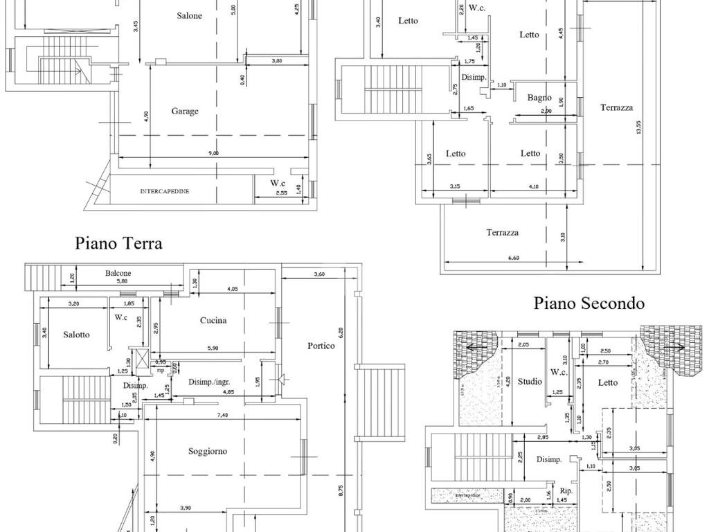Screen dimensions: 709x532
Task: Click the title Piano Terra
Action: [118, 243]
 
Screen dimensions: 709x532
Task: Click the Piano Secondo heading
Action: [589, 303]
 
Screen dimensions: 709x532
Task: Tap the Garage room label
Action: [185, 111]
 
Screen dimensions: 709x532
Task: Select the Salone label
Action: [189, 15]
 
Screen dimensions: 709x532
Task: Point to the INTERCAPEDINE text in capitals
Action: [165, 191]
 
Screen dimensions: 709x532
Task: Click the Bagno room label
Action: [539, 98]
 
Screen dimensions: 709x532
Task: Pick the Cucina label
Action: [213, 320]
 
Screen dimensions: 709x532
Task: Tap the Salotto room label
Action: [76, 335]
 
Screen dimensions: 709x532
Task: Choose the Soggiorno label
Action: [208, 451]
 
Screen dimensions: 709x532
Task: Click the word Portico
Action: [321, 346]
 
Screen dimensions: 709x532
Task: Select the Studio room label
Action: [530, 382]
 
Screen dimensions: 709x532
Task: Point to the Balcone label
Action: [118, 273]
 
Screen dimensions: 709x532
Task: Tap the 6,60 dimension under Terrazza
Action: [512, 258]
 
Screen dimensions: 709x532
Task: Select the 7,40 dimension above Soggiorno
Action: [222, 416]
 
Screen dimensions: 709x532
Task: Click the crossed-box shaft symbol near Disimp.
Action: [141, 360]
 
